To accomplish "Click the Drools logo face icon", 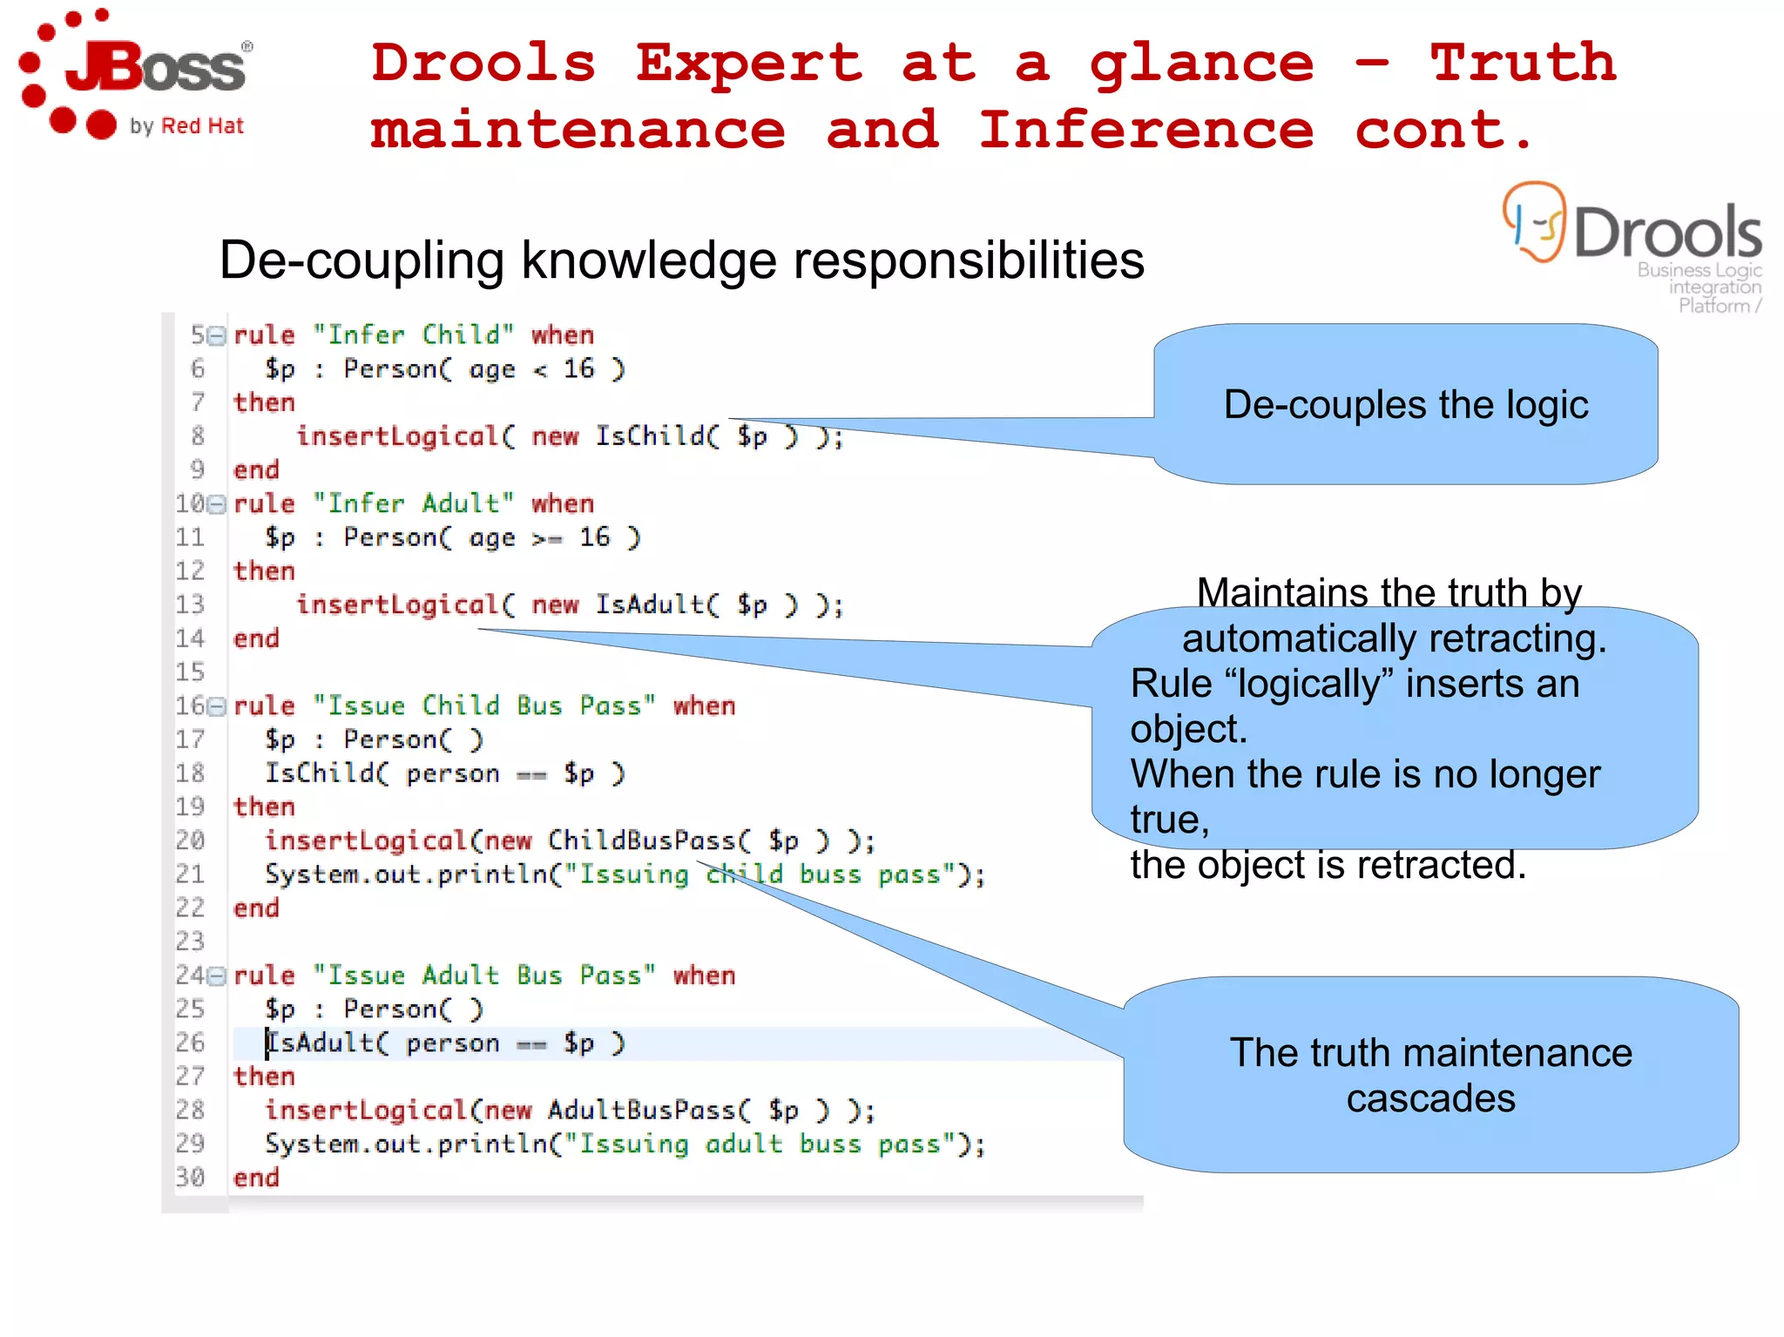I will (1535, 222).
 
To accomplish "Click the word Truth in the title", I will (1523, 63).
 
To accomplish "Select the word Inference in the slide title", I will (1145, 130).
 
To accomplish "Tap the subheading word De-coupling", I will (362, 260).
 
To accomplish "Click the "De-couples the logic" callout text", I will (1405, 405).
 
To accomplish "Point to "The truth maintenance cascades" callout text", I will (1430, 1075).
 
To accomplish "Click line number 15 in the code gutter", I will (190, 672).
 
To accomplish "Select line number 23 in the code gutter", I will (190, 942).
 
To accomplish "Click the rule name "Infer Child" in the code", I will (414, 334).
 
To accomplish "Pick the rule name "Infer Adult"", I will (414, 503).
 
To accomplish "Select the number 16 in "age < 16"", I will (578, 368).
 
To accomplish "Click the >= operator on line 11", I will (547, 538).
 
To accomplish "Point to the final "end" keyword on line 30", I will (256, 1178).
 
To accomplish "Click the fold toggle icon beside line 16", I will (217, 706).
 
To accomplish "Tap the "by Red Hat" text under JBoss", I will (186, 126).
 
